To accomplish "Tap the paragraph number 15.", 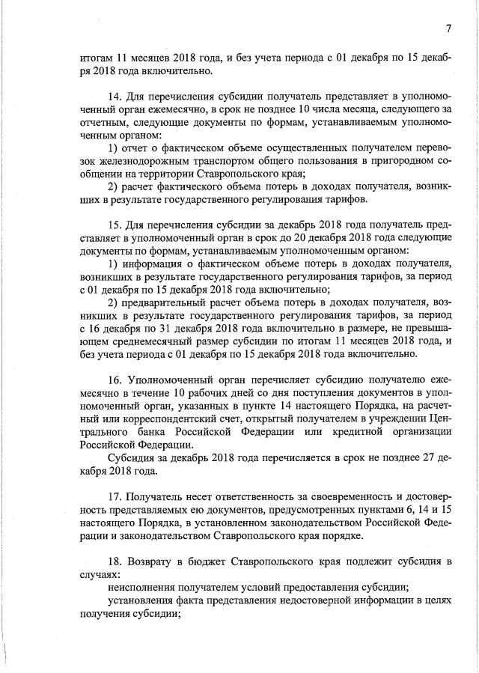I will (x=115, y=225).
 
